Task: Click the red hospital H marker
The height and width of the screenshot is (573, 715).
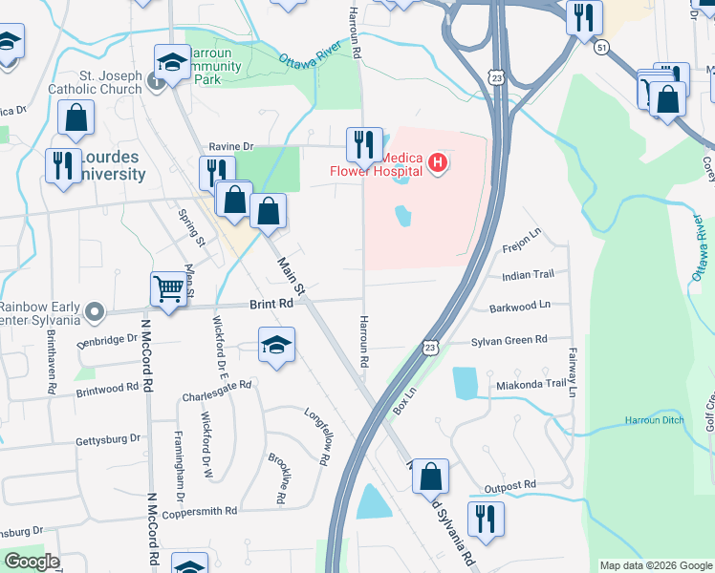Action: [x=438, y=163]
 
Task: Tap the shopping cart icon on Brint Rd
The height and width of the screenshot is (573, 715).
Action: [x=169, y=287]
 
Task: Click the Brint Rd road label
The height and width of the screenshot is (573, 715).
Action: [x=271, y=304]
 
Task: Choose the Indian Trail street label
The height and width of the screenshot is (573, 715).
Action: [x=528, y=275]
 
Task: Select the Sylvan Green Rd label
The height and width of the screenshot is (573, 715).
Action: [x=509, y=340]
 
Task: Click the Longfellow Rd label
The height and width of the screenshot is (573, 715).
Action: [x=317, y=438]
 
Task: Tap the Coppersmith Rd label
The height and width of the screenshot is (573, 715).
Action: [x=199, y=512]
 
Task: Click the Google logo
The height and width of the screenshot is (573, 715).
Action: [x=31, y=562]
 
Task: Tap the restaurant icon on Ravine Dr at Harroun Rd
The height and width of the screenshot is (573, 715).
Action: [x=363, y=144]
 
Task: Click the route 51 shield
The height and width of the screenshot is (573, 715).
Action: [x=600, y=46]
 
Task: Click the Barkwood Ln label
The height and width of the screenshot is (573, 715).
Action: [x=520, y=307]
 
